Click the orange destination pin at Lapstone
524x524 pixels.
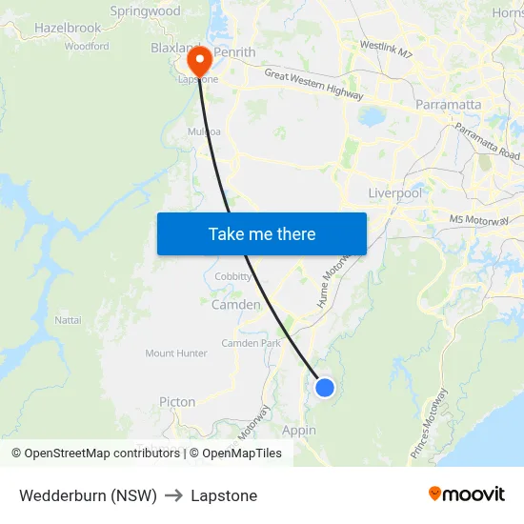point(200,61)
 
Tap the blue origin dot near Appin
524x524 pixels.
point(325,387)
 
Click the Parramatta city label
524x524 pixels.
point(448,104)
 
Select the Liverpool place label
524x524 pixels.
point(394,193)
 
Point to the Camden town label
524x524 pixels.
point(235,305)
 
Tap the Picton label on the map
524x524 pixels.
point(177,402)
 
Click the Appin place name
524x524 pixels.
point(299,431)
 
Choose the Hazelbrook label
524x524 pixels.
point(68,29)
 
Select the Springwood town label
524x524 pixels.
point(145,11)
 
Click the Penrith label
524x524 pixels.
point(234,51)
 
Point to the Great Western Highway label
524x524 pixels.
point(313,85)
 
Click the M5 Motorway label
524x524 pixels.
point(479,220)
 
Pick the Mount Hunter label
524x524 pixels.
point(176,353)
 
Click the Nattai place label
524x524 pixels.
point(68,320)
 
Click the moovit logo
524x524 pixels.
point(467,494)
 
